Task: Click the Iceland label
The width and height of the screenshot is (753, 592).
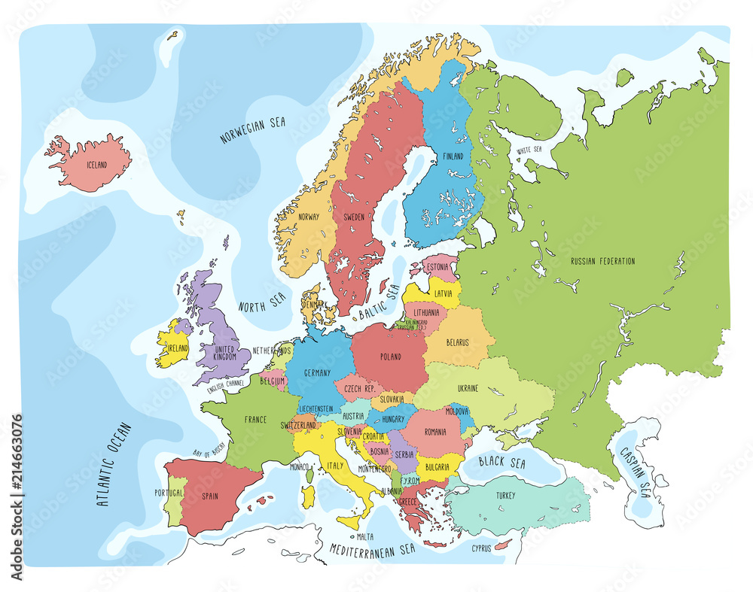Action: click(96, 165)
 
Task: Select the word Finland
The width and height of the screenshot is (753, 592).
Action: click(453, 156)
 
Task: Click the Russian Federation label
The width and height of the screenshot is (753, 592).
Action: click(602, 261)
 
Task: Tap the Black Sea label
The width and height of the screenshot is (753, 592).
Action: click(502, 463)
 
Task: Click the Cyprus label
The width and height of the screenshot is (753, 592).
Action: click(481, 548)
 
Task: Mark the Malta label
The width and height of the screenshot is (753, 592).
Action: click(365, 536)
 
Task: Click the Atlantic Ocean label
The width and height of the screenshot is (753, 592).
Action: click(114, 464)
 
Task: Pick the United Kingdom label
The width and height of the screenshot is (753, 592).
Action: click(225, 354)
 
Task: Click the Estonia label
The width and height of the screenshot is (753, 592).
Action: click(437, 266)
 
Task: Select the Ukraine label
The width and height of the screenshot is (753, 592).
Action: click(468, 388)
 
